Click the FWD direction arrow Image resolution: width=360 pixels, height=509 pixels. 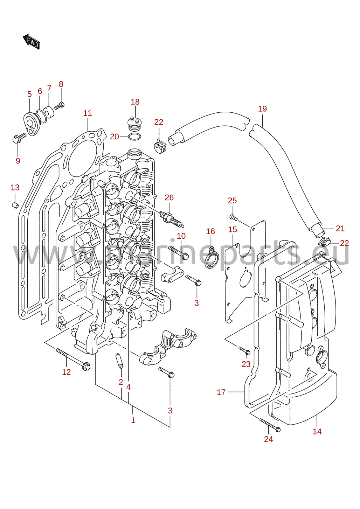coord(31,41)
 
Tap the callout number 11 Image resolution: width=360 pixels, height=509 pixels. coord(87,113)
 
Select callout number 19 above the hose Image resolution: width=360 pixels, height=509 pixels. coord(262,109)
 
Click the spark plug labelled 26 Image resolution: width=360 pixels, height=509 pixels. coord(172,219)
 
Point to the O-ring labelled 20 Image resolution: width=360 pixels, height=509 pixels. coord(134,137)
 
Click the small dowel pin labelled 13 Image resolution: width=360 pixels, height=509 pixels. coord(15,205)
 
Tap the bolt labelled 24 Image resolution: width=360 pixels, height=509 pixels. coord(270,425)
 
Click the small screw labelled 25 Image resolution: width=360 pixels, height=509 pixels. coord(234,217)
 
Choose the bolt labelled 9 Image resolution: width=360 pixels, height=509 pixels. coord(19,138)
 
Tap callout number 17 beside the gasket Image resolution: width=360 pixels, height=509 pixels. coord(221,392)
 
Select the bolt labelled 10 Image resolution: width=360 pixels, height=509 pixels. coord(179,253)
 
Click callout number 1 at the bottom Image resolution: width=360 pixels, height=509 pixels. coord(133,420)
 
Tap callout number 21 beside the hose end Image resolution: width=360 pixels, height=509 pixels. coord(340,228)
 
